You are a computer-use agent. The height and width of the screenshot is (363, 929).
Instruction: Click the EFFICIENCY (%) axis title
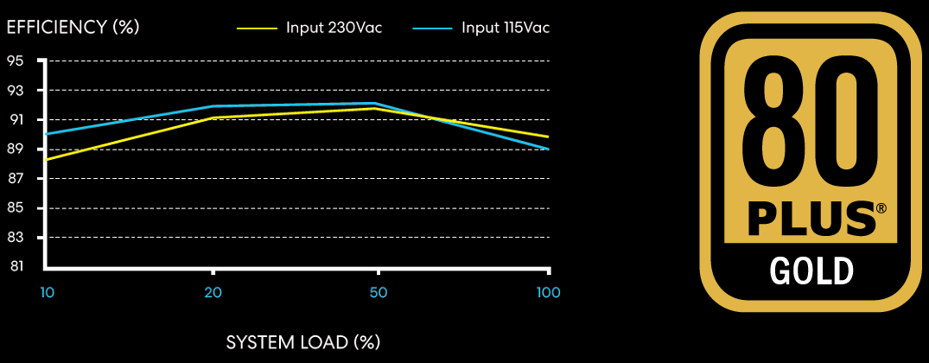[x=73, y=27]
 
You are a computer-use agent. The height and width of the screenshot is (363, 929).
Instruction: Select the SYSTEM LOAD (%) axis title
[x=302, y=341]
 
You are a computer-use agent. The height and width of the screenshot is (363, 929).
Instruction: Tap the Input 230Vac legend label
[x=334, y=28]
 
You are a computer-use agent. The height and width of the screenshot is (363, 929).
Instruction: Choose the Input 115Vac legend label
[x=506, y=28]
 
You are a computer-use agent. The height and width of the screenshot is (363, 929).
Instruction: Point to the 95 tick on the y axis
[x=16, y=60]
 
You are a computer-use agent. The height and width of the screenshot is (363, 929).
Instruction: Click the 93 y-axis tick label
[x=16, y=90]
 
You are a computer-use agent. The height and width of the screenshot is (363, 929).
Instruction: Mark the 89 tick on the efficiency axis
[x=16, y=149]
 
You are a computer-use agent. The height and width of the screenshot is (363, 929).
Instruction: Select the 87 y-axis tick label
[x=16, y=178]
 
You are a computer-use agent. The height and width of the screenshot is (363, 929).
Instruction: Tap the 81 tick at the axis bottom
[x=16, y=266]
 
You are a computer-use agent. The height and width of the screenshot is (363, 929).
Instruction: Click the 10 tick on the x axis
[x=47, y=292]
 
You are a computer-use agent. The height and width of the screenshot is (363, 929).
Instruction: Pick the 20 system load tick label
[x=213, y=292]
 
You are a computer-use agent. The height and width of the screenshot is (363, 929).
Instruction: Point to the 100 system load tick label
[x=548, y=292]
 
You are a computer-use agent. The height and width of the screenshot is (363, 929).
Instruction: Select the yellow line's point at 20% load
[x=213, y=118]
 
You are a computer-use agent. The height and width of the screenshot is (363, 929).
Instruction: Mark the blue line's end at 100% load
[x=548, y=149]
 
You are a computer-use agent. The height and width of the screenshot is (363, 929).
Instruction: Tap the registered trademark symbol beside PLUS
[x=881, y=209]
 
